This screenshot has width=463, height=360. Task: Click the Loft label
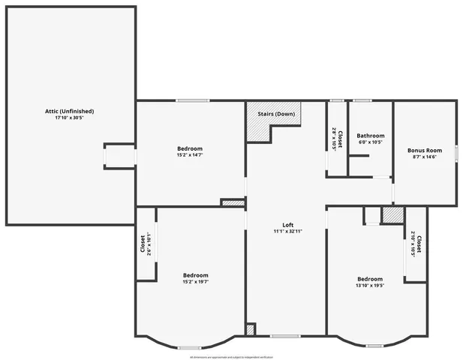click(x=287, y=225)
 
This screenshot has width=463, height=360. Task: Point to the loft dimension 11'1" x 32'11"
click(x=287, y=232)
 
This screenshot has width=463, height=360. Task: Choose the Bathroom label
click(x=370, y=136)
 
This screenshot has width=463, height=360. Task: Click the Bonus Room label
click(x=424, y=150)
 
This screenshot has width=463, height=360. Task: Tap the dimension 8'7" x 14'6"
click(x=424, y=157)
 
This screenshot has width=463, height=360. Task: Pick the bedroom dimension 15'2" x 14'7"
click(x=190, y=155)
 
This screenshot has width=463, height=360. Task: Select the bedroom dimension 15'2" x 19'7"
click(x=195, y=282)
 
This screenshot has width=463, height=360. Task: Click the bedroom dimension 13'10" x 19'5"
click(x=369, y=286)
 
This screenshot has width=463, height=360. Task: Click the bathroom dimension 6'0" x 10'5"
click(x=370, y=142)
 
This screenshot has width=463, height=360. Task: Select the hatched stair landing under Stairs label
click(x=259, y=129)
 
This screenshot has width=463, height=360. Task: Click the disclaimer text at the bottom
click(x=231, y=357)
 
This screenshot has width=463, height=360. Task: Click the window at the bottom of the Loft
click(x=284, y=335)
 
